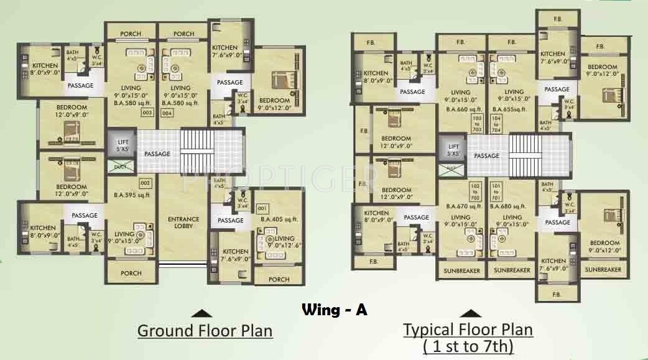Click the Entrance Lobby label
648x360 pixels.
183,222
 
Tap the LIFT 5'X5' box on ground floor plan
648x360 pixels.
123,145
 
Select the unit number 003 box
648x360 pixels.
147,113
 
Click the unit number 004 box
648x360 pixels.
167,113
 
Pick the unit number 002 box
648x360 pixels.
145,183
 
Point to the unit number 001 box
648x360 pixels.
262,208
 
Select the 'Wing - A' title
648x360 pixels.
334,310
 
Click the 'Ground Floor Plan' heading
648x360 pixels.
205,330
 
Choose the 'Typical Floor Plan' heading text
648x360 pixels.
468,329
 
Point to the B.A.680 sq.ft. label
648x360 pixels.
507,206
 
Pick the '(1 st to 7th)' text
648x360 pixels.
468,346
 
